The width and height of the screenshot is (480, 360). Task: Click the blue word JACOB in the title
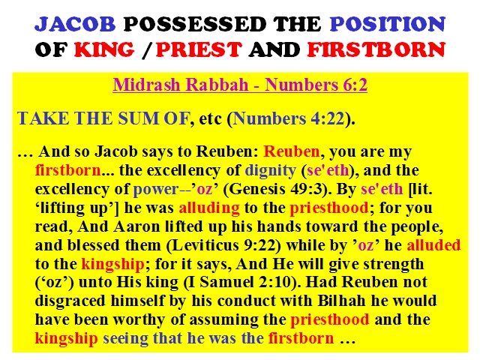[75, 24]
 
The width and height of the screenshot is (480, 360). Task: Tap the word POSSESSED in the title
[195, 24]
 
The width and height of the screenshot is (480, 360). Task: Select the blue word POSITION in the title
[387, 24]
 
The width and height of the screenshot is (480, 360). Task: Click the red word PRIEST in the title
[199, 49]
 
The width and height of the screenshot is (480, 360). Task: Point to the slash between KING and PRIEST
[147, 50]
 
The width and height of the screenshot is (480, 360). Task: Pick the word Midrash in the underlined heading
[147, 85]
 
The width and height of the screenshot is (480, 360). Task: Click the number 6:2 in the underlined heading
[355, 85]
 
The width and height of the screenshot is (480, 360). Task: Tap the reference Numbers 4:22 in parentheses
[289, 118]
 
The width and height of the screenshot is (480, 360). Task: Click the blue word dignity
[270, 171]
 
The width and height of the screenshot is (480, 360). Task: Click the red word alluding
[209, 208]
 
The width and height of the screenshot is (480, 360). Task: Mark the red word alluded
[433, 245]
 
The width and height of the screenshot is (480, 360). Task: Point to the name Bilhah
[342, 301]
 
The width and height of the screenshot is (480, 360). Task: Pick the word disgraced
[70, 301]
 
